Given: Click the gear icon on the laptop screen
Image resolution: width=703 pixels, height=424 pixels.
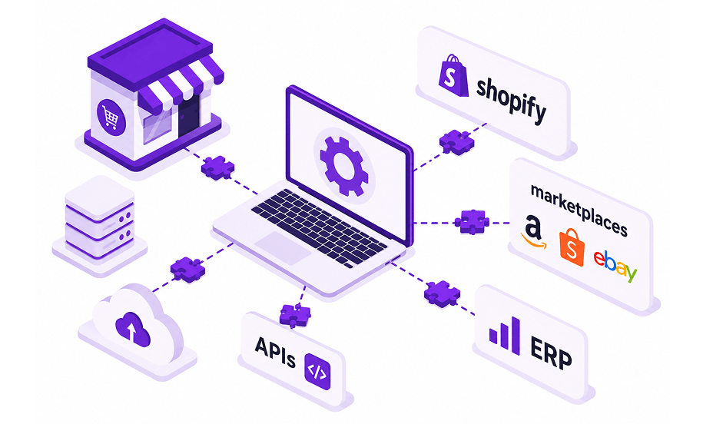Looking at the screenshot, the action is tap(344, 166).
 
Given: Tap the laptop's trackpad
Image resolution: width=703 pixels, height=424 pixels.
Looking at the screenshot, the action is tap(283, 248).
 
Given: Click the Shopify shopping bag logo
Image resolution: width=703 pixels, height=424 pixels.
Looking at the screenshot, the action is tap(453, 75).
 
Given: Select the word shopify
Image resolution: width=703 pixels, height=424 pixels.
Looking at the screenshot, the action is tap(511, 101).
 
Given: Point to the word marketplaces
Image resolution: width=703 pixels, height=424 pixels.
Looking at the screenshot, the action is tap(579, 209).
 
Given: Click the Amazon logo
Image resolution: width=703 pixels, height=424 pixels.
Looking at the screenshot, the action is tap(533, 232).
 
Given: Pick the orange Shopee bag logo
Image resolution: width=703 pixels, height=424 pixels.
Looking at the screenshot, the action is tap(572, 247).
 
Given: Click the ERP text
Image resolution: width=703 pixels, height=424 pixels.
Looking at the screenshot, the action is tap(551, 353).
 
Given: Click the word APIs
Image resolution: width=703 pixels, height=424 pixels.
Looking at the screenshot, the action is tap(275, 352).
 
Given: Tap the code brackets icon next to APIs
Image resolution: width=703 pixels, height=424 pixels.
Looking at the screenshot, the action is tap(317, 371).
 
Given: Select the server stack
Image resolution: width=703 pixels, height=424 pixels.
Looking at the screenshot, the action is tap(100, 217).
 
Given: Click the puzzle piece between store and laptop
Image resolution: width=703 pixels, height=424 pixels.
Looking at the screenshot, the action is tap(217, 167).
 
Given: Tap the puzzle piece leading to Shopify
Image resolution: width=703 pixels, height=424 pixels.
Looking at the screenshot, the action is tap(456, 142).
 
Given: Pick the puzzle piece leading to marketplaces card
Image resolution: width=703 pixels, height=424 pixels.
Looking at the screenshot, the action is tap(472, 222).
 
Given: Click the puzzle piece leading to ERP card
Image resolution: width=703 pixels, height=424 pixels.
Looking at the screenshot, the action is tap(442, 294).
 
